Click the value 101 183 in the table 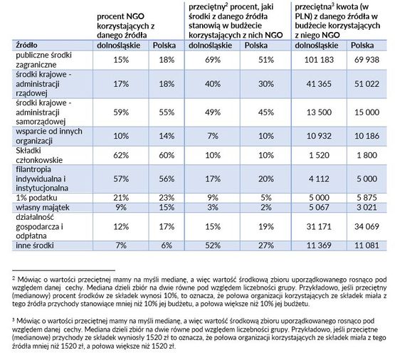(x=319, y=60)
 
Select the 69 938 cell (x=367, y=60)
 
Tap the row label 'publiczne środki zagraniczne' (x=44, y=60)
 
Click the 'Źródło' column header (x=26, y=46)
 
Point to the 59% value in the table (x=121, y=112)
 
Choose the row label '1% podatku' (x=36, y=198)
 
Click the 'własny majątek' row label (x=43, y=208)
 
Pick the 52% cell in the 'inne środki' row (x=213, y=245)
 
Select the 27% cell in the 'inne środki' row (x=265, y=245)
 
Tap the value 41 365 (x=319, y=84)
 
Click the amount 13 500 (x=319, y=112)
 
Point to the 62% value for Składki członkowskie (x=121, y=155)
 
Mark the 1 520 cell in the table (x=319, y=155)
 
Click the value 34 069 (x=367, y=226)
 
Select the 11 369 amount (x=319, y=245)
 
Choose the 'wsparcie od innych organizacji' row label (x=49, y=136)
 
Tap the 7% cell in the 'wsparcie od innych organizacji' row (x=213, y=136)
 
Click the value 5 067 (x=319, y=208)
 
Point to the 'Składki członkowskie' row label (x=39, y=155)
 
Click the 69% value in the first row (x=213, y=60)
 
